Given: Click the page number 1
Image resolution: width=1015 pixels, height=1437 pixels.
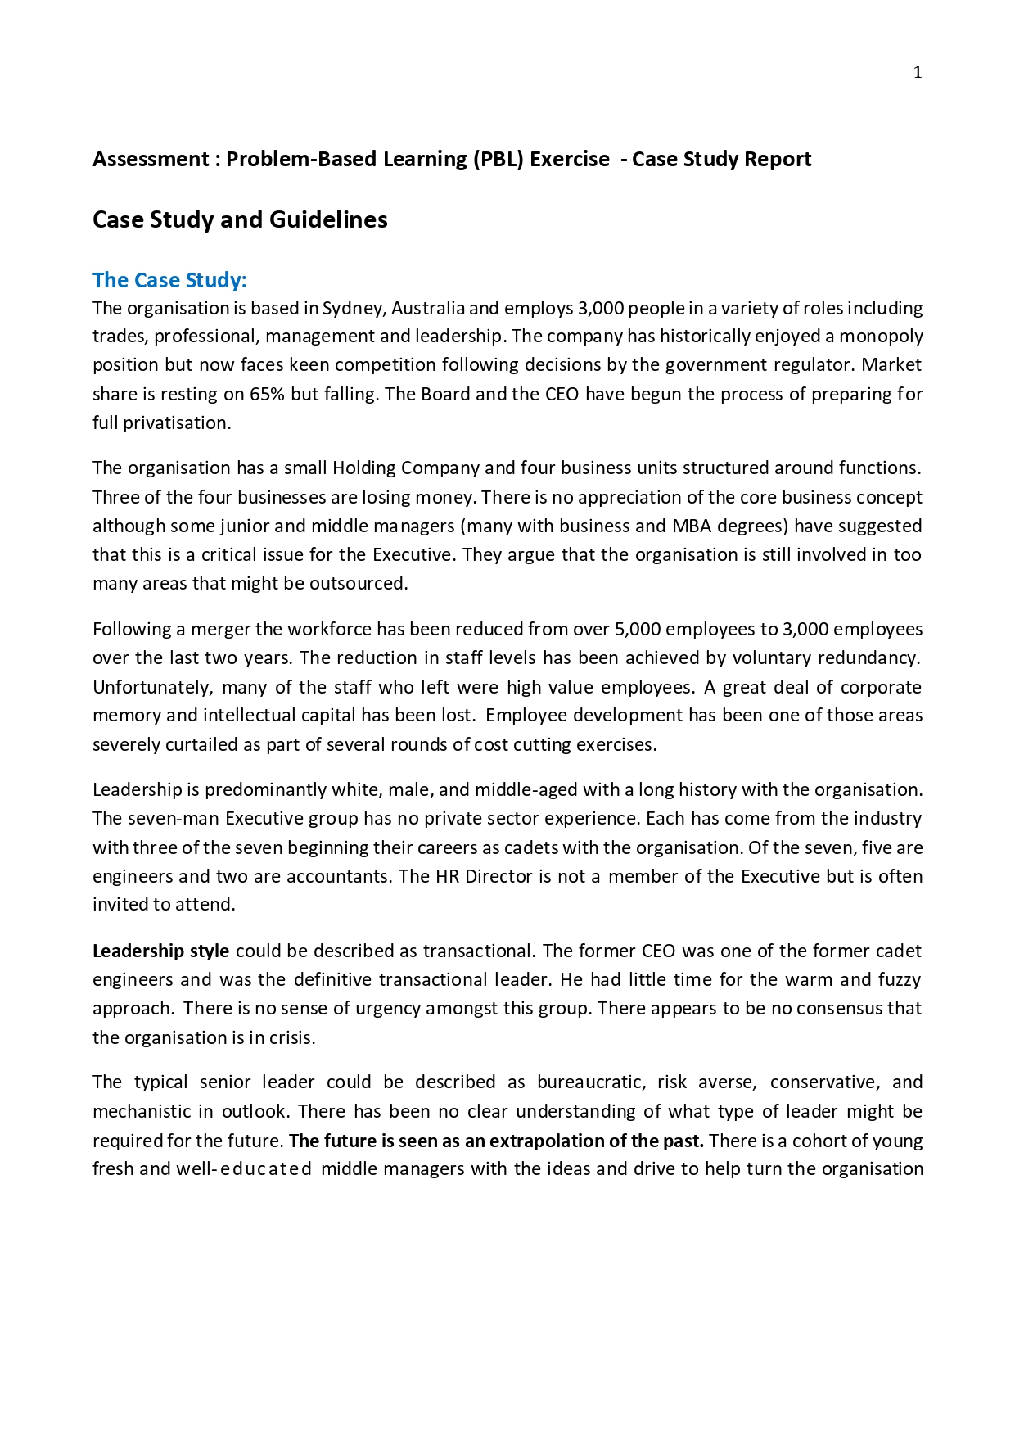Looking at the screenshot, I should click(x=918, y=73).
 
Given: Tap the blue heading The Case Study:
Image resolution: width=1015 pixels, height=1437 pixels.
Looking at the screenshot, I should click(x=169, y=280).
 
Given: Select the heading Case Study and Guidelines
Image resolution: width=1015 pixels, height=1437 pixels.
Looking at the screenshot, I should click(x=240, y=219).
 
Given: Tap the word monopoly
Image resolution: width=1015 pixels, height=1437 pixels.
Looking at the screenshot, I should click(x=881, y=337).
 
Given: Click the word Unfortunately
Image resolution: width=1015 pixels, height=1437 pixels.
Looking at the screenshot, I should click(x=151, y=687).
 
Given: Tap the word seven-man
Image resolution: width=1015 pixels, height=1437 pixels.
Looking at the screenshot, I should click(x=173, y=819).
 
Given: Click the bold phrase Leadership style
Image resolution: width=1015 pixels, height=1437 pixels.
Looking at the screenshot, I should click(x=160, y=951).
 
